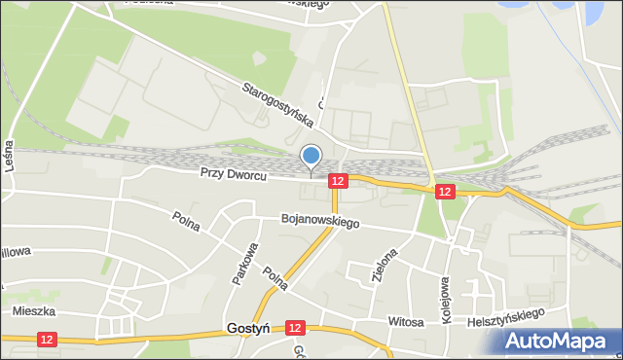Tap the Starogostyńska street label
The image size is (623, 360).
point(278,105)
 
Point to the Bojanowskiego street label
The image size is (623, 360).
point(320,222)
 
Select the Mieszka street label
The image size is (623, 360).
point(33,312)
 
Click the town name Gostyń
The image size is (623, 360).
point(246,329)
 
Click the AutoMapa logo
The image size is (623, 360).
point(559,341)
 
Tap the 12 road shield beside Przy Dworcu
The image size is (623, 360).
point(338,181)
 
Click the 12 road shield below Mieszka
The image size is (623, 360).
point(48,339)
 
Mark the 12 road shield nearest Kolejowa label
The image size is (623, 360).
point(445,192)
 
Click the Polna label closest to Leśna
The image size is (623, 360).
point(185,222)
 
